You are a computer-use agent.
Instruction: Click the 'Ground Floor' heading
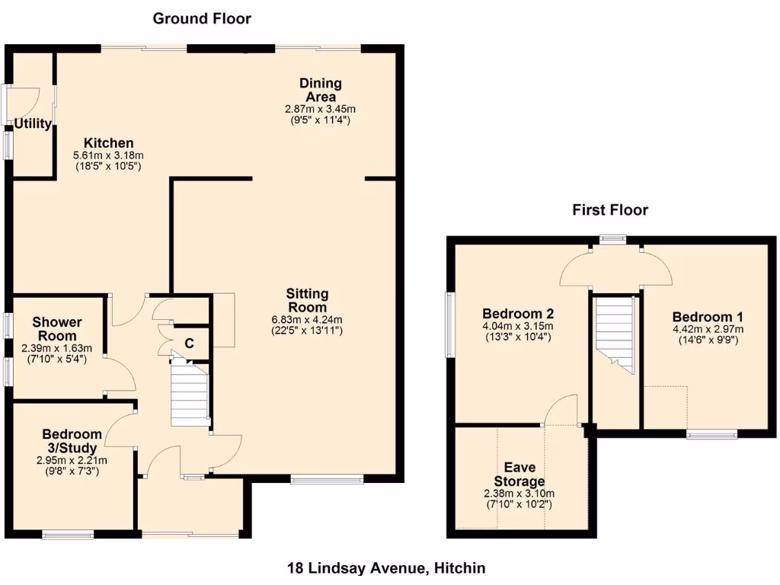(x=202, y=18)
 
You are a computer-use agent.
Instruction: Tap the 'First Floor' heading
(x=610, y=209)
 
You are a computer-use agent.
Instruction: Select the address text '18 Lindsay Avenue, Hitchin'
(x=386, y=567)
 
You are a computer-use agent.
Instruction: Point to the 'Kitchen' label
(x=108, y=143)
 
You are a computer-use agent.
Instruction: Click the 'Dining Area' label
(x=320, y=90)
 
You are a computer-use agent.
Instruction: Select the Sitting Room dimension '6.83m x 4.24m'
(x=307, y=319)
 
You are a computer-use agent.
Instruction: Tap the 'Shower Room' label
(x=57, y=329)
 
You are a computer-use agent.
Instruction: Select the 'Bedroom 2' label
(x=517, y=314)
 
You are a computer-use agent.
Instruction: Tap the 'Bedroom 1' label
(x=708, y=317)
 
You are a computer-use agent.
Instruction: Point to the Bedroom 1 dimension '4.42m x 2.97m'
(x=708, y=329)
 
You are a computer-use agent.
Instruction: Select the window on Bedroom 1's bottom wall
(x=711, y=434)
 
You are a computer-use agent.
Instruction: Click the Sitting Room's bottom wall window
(x=327, y=479)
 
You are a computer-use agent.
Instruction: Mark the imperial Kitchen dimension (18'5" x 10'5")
(x=108, y=166)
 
